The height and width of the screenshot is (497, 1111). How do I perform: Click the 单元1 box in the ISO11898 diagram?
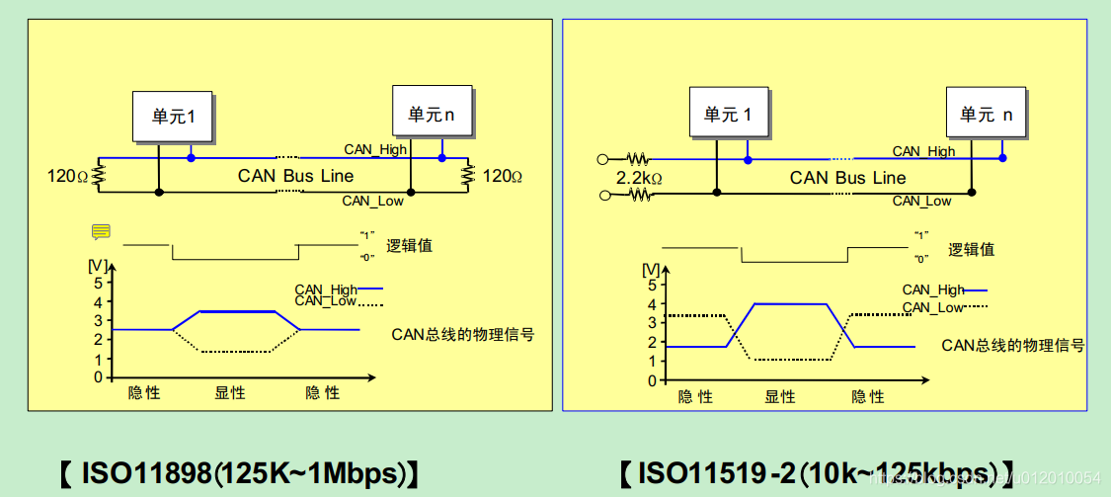point(174,117)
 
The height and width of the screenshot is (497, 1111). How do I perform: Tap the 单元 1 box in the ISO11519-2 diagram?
point(728,115)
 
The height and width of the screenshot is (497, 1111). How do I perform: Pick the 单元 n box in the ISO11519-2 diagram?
point(986,115)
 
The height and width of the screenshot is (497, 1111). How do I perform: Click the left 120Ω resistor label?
point(68,176)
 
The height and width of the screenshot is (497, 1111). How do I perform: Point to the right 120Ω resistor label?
point(502,176)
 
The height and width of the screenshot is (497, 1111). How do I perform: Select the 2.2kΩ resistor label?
point(638,179)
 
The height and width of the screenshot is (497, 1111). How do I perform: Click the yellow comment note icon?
point(101,232)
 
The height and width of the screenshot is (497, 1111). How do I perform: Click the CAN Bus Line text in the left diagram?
point(295,176)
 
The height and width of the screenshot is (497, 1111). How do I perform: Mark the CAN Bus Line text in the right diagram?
point(847,178)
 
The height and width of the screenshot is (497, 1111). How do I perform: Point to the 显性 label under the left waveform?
point(230,392)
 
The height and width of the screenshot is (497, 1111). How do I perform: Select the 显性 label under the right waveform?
point(780,396)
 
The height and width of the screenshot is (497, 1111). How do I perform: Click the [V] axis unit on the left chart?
point(98,265)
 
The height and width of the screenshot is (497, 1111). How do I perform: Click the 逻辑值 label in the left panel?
point(410,246)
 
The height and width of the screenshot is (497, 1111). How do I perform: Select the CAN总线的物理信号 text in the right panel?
point(1013,345)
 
